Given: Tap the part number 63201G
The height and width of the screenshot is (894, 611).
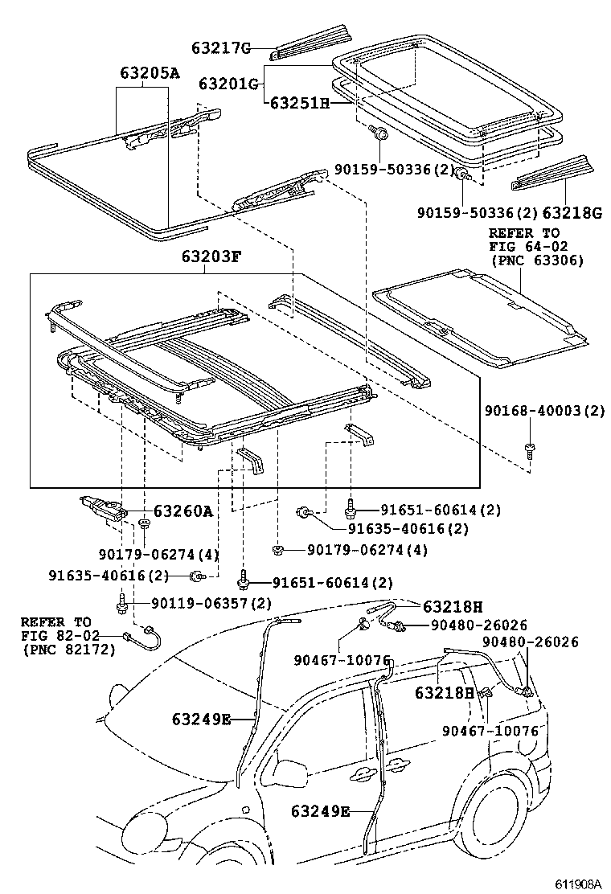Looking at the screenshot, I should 228,84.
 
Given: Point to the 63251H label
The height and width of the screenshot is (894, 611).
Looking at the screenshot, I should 299,103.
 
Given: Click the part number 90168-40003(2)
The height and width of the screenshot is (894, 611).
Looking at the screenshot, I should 543,410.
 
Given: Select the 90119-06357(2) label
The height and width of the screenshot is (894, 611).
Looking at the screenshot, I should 200,603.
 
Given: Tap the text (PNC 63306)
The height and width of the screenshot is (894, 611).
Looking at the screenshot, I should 536,260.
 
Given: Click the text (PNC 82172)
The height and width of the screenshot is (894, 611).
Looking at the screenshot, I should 68,649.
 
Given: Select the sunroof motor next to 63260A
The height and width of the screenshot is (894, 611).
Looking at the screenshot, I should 102,507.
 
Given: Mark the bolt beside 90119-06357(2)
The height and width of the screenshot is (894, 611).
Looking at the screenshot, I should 121,601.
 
